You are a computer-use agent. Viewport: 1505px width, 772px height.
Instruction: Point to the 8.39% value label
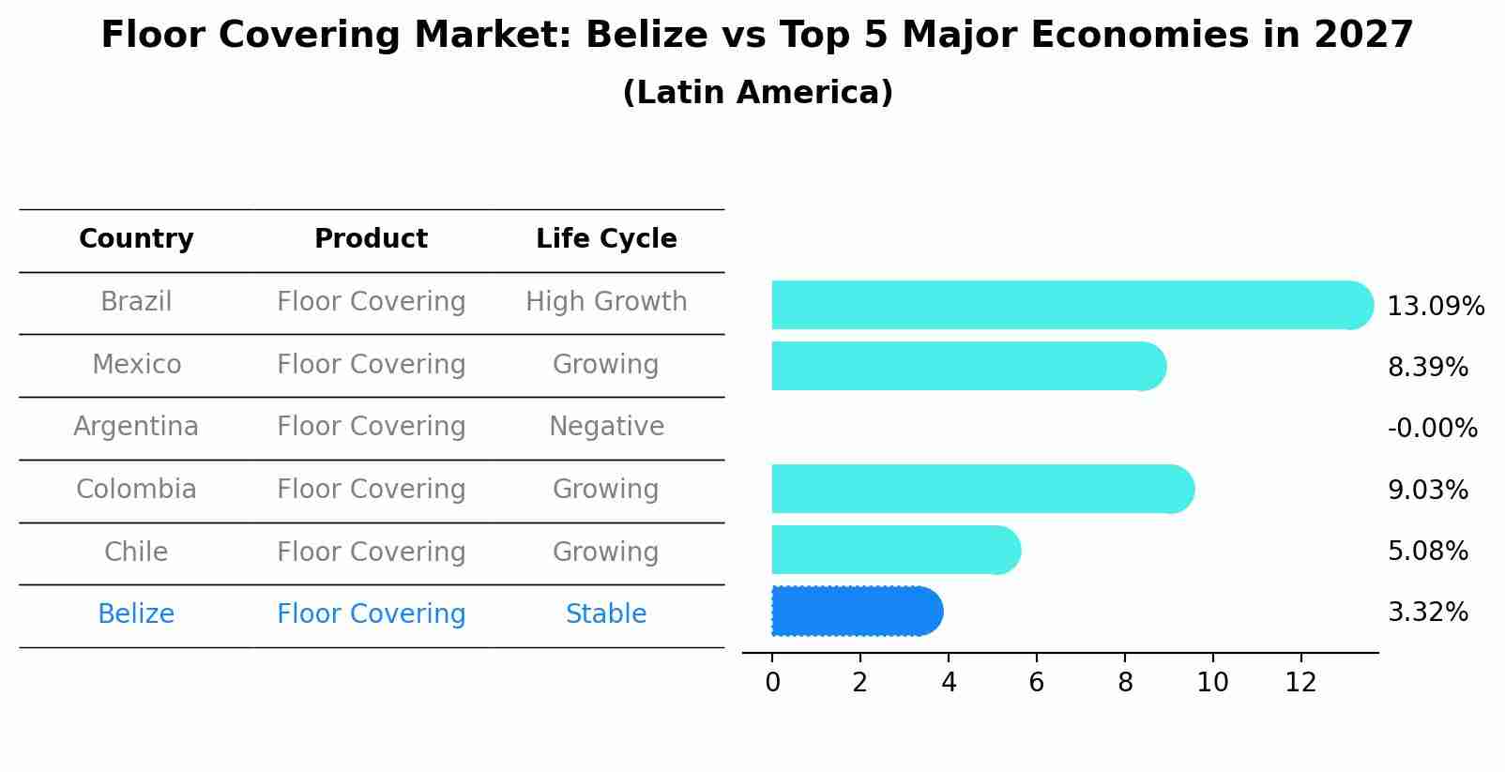(x=1427, y=367)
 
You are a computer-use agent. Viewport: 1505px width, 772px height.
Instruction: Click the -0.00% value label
(x=1432, y=429)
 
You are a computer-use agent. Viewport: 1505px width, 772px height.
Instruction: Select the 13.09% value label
(x=1435, y=307)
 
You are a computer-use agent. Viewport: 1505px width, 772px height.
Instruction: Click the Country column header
(x=136, y=239)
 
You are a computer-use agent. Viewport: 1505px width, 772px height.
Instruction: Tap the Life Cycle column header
(x=606, y=239)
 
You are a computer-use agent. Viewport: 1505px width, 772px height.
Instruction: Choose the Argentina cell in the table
(x=136, y=427)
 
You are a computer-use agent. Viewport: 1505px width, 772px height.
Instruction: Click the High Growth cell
(x=606, y=302)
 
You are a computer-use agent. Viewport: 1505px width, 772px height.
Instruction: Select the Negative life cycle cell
(x=606, y=427)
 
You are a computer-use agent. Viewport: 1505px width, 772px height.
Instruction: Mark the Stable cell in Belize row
(x=606, y=614)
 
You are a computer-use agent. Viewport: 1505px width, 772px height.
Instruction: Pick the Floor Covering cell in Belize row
(x=371, y=614)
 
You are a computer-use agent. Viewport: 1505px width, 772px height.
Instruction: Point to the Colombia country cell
(x=136, y=490)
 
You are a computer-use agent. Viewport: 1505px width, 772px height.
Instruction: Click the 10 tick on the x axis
(x=1212, y=683)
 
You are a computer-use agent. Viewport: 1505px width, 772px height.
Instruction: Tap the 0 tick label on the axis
(x=772, y=683)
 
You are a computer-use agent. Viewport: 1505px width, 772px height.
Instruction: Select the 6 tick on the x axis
(x=1036, y=683)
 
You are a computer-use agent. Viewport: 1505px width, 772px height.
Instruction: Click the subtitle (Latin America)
(x=757, y=93)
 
